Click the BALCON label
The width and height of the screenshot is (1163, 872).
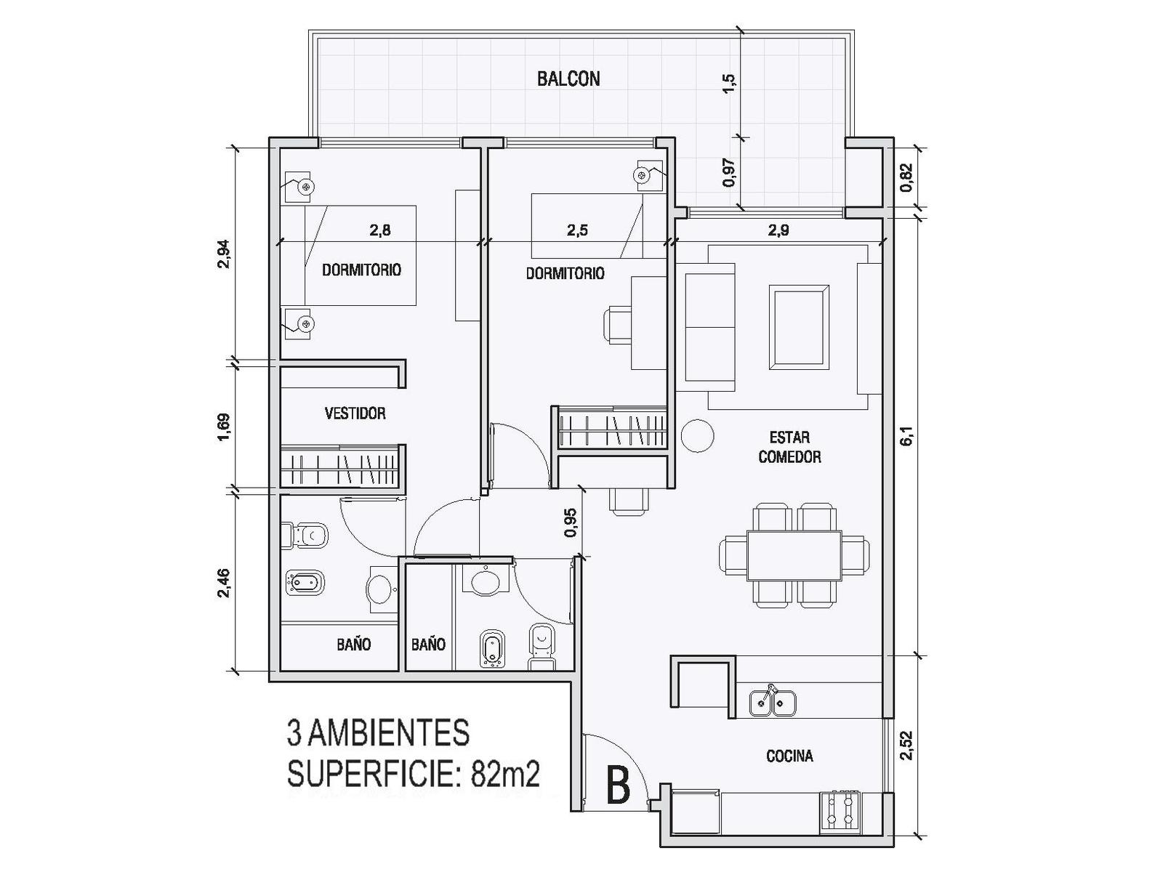coord(568,79)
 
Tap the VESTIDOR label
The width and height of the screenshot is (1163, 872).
coord(355,413)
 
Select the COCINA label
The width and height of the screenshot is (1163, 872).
coord(789,756)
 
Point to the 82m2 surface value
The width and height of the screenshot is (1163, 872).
coord(504,775)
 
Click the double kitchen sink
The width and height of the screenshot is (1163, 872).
coord(772,701)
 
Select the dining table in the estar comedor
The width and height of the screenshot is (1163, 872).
coord(793,555)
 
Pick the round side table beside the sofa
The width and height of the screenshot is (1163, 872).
coord(697,436)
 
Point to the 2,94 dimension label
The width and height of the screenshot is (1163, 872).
coord(224,254)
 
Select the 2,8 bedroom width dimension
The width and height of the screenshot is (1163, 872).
coord(380,230)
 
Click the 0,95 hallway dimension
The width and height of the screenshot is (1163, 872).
coord(570,522)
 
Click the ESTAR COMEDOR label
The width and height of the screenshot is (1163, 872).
coord(789,448)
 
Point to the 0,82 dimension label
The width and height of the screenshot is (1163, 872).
coord(906,177)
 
